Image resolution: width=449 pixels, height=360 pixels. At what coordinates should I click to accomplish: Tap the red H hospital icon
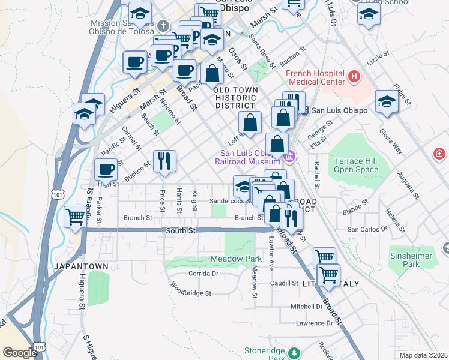click(354, 77)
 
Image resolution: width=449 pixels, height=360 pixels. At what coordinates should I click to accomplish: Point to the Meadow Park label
click(233, 259)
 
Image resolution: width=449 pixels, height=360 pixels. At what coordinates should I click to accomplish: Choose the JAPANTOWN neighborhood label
click(80, 266)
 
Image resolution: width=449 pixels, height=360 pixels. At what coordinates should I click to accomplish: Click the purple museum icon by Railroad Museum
click(289, 157)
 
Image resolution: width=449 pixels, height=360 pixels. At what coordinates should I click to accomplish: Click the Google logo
click(20, 353)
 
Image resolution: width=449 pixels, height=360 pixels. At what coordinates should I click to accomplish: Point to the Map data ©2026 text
click(423, 355)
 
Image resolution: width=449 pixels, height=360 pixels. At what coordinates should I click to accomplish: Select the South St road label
click(181, 230)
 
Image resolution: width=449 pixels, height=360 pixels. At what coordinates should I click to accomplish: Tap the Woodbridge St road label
click(191, 293)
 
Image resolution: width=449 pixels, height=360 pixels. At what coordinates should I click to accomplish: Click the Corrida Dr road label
click(202, 273)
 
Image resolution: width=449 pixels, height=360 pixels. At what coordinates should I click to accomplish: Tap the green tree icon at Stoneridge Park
click(294, 352)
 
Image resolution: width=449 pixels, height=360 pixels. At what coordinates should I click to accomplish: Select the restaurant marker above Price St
click(164, 162)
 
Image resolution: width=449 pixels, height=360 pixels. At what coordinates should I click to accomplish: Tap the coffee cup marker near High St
click(107, 170)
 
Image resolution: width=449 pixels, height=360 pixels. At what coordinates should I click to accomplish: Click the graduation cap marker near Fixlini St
click(387, 103)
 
